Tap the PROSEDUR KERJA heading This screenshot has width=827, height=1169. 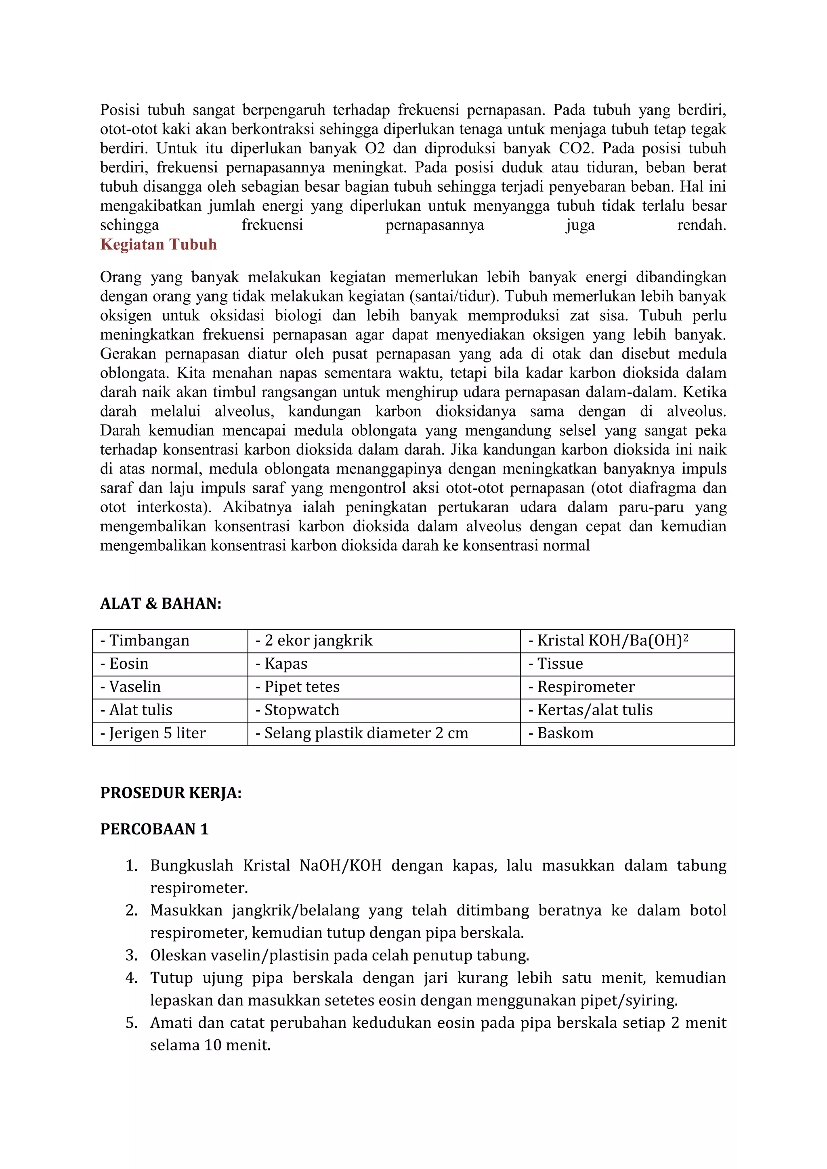click(x=170, y=793)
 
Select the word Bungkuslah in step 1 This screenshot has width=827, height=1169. click(x=191, y=865)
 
